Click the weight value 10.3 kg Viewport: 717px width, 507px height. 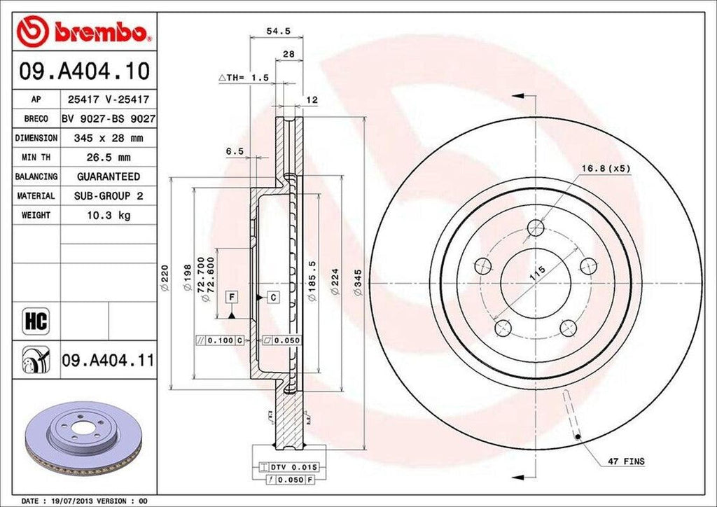click(x=107, y=215)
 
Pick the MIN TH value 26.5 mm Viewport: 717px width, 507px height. click(x=107, y=158)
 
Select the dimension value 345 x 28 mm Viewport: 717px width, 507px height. click(x=107, y=139)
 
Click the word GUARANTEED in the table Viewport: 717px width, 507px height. click(x=107, y=176)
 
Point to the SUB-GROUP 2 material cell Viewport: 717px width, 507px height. click(x=107, y=196)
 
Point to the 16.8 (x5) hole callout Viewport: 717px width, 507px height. click(x=606, y=169)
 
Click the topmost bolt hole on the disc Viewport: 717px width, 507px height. click(x=536, y=227)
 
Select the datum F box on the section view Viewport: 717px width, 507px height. click(x=230, y=298)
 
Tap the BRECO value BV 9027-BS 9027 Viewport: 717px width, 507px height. click(x=107, y=119)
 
